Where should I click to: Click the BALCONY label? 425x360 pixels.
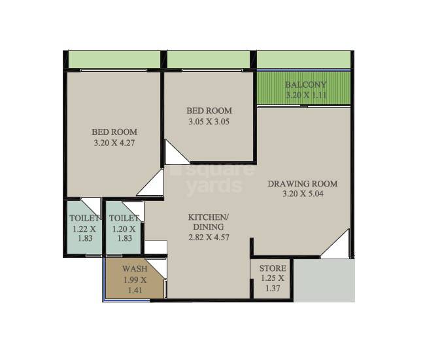click(305, 85)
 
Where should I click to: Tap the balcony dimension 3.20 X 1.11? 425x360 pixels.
click(305, 96)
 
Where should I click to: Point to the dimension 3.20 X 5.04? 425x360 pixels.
click(302, 194)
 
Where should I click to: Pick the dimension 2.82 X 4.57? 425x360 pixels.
click(208, 238)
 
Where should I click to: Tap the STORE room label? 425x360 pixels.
click(272, 268)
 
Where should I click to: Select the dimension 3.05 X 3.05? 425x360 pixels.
click(209, 121)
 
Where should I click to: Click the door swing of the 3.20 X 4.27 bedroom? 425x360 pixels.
click(152, 185)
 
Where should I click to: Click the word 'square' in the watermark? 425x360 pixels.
click(212, 171)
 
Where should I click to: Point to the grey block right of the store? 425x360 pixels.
click(324, 279)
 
